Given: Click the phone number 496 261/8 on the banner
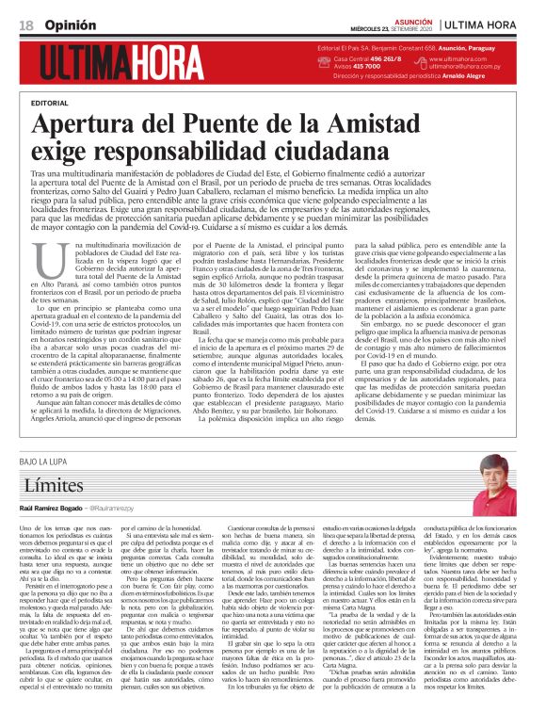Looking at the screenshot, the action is coord(379,59).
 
